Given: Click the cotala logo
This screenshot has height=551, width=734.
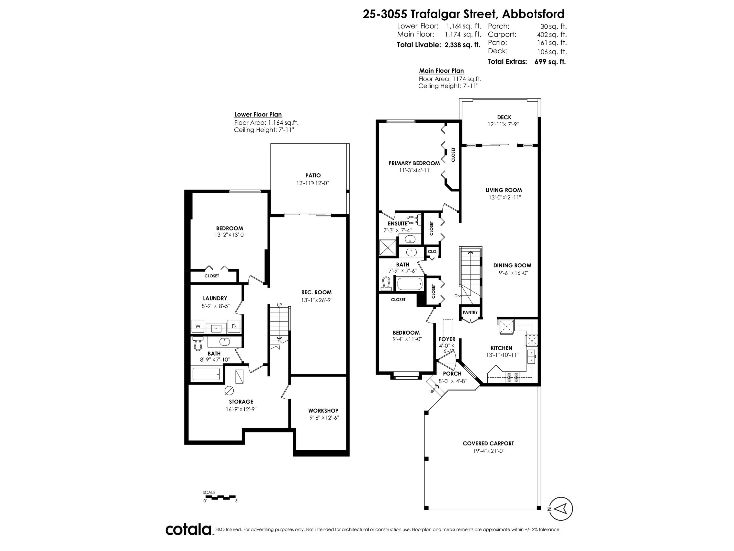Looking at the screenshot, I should [x=188, y=530].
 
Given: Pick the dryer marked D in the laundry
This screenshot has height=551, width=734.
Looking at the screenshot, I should [x=234, y=326].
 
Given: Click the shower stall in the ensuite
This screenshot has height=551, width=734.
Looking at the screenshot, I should [x=388, y=247].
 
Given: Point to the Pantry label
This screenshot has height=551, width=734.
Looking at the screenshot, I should [x=470, y=312].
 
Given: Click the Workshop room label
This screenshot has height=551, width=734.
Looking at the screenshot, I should [x=323, y=410].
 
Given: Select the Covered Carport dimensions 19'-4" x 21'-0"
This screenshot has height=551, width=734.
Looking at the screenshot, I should [x=488, y=451].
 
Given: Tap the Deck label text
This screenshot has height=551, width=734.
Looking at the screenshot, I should [x=504, y=117].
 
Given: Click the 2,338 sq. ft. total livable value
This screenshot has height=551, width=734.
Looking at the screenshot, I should [x=462, y=45].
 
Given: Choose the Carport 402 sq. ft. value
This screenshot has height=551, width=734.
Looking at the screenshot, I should [x=551, y=35].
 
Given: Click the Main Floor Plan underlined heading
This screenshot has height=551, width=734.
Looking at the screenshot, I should [x=441, y=71].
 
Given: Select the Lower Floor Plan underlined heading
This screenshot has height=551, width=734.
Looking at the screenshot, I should [x=258, y=115].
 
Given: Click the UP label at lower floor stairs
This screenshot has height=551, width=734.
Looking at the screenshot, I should [x=279, y=305].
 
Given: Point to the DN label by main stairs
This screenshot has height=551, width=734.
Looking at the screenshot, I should [x=457, y=296].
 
